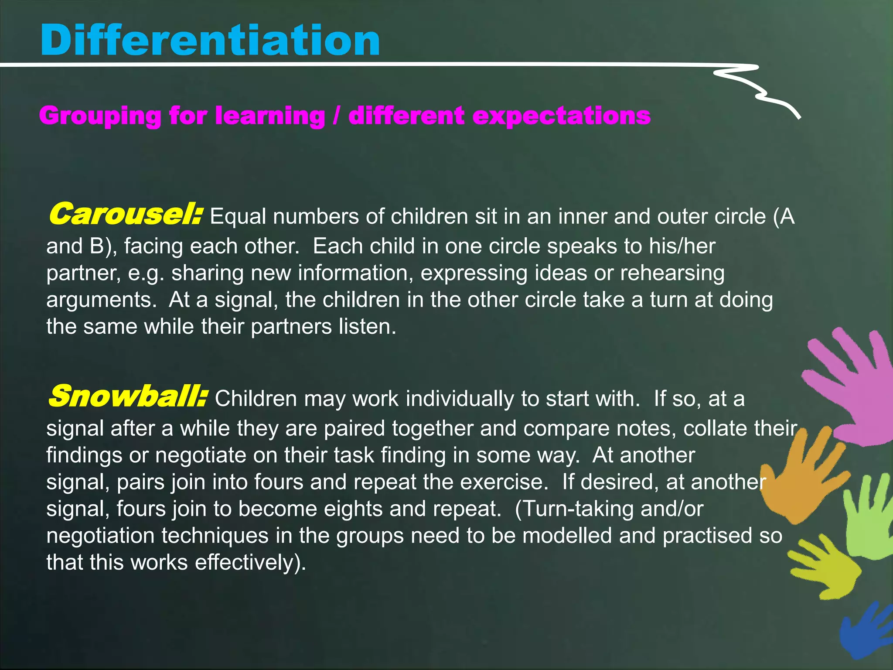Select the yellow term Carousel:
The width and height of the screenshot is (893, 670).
pos(126,215)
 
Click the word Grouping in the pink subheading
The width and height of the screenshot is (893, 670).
pos(100,116)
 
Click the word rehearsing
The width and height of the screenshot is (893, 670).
pos(672,273)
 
